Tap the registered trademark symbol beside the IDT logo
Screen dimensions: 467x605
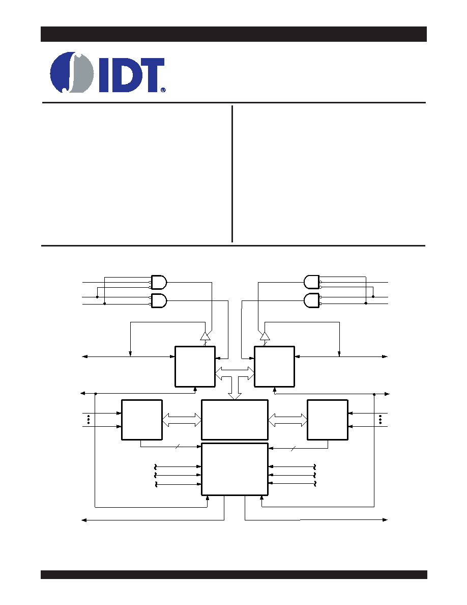(163, 90)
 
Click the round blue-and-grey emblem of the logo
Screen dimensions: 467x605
(72, 72)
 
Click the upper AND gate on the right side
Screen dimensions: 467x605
(312, 282)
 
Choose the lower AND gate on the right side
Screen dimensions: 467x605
(312, 300)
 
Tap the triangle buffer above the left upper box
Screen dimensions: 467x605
(206, 336)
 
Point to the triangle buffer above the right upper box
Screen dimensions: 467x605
(265, 336)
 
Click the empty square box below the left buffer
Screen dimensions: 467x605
(195, 367)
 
